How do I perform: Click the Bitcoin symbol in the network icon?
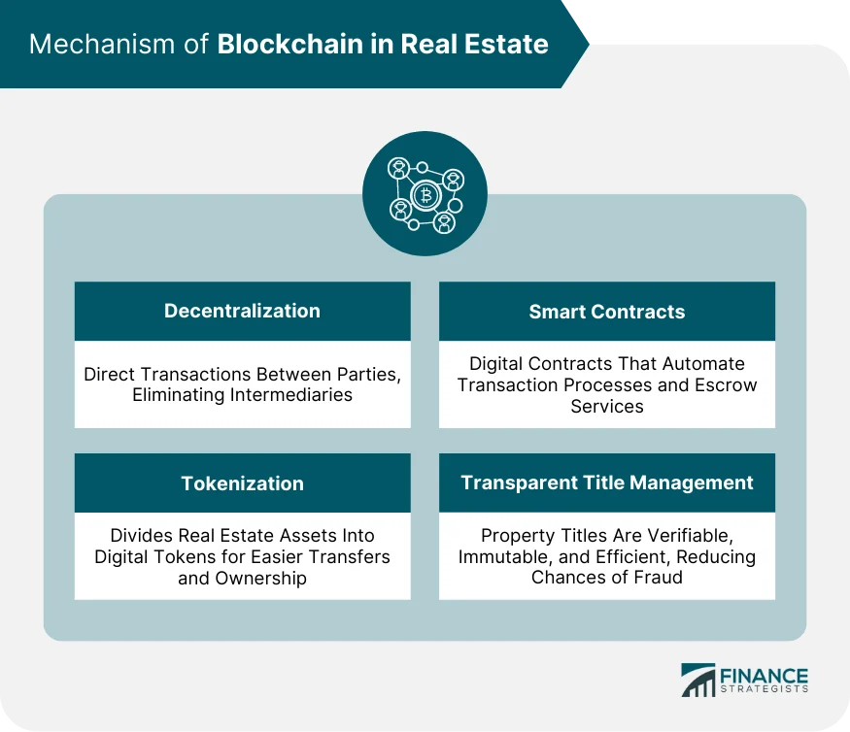(425, 195)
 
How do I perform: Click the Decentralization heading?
(242, 311)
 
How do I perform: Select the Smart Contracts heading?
(606, 312)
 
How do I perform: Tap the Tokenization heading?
(242, 483)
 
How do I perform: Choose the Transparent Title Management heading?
(606, 482)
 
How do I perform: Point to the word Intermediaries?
(298, 395)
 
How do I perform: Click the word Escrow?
(730, 384)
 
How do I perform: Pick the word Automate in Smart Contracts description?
(705, 363)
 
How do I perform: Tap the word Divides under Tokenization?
(140, 535)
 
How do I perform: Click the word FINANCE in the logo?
(765, 675)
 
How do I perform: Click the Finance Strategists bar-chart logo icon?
(697, 681)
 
